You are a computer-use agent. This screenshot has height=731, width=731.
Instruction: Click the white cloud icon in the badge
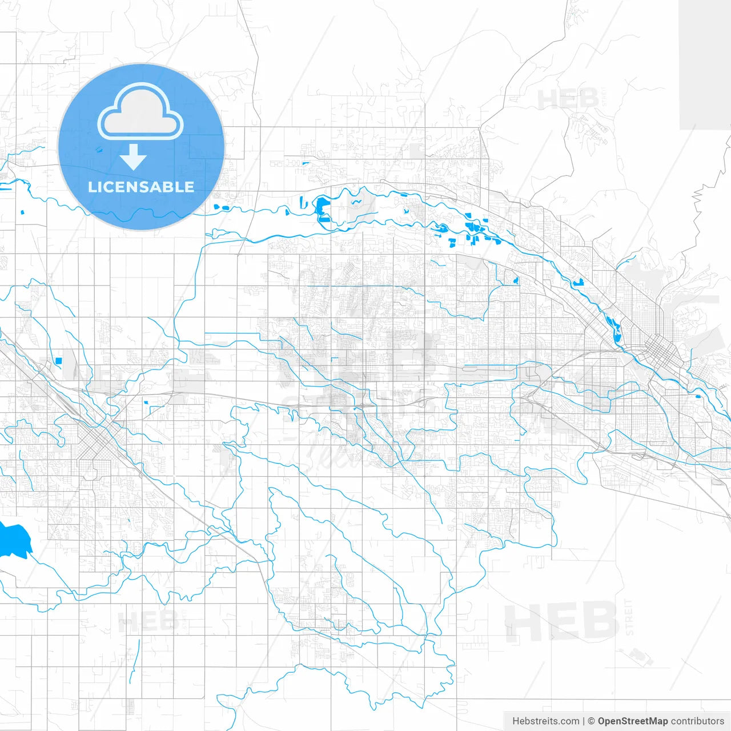140,113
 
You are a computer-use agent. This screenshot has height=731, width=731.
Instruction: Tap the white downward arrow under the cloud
134,157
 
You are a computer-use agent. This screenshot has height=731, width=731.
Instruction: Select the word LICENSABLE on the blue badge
141,187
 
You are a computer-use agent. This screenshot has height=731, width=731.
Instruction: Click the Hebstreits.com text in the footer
545,721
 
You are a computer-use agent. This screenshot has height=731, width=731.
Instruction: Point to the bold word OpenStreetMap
633,721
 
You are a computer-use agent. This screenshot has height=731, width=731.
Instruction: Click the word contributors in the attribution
697,721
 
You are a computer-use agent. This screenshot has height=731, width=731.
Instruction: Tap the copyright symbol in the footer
591,721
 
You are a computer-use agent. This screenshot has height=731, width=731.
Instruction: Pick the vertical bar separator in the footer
583,721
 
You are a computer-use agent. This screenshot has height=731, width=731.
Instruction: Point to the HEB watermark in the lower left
147,621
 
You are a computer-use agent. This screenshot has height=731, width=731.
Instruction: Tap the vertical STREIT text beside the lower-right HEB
629,617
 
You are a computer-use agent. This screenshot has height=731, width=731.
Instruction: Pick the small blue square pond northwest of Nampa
58,360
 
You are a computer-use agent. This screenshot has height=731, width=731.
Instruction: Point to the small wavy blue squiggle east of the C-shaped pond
356,202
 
